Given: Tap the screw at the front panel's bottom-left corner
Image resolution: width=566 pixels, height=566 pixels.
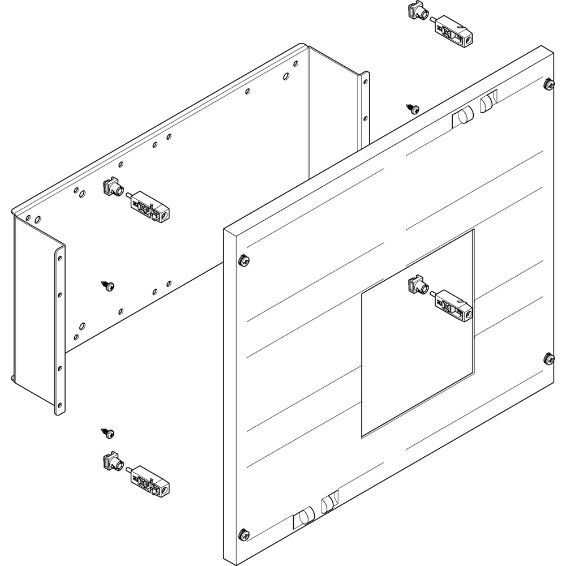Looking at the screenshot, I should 244,533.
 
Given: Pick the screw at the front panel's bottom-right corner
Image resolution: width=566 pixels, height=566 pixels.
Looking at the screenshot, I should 548,358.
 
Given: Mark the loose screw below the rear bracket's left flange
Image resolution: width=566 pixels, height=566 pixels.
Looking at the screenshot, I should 109,433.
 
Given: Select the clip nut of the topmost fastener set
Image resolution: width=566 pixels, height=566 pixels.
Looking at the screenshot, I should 417,11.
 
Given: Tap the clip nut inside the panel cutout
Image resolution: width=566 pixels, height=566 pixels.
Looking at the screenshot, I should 417,286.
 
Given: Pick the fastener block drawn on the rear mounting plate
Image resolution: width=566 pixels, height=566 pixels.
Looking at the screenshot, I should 149,206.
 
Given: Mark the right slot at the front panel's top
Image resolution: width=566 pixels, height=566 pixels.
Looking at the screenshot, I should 488,102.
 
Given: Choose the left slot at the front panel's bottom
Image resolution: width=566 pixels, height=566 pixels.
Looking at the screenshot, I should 303,518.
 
